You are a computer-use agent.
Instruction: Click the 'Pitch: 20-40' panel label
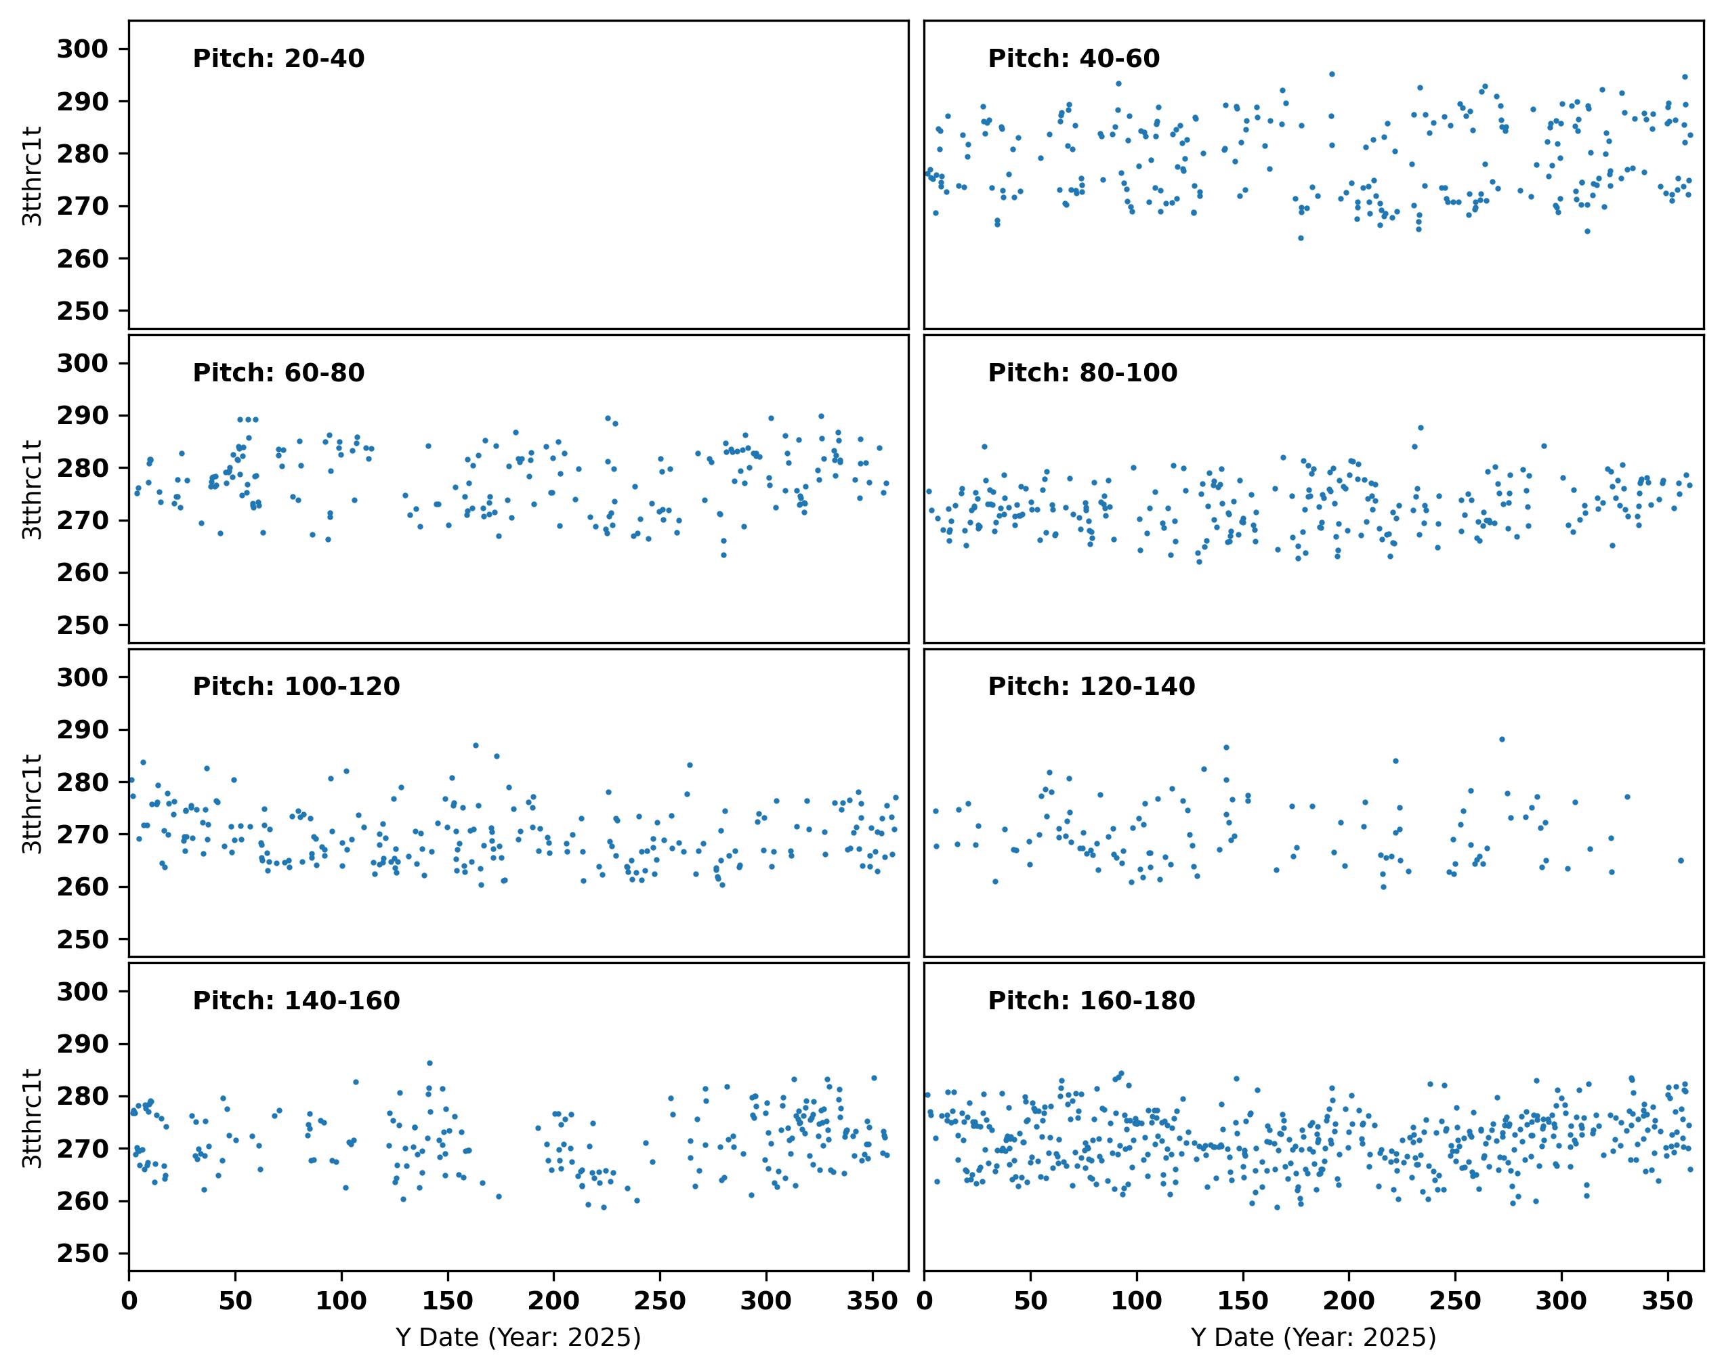pyautogui.click(x=278, y=58)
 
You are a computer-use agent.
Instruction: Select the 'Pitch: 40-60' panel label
pyautogui.click(x=1073, y=58)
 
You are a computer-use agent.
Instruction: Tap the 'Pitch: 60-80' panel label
pyautogui.click(x=278, y=373)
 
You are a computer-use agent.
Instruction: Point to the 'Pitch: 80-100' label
pyautogui.click(x=1082, y=373)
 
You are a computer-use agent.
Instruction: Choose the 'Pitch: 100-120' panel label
pyautogui.click(x=296, y=686)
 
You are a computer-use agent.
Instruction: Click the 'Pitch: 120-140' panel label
pyautogui.click(x=1091, y=686)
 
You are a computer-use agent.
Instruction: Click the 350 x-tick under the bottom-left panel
pyautogui.click(x=872, y=1301)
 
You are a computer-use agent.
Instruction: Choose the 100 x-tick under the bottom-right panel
pyautogui.click(x=1136, y=1301)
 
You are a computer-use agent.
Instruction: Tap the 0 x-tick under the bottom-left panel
pyautogui.click(x=129, y=1301)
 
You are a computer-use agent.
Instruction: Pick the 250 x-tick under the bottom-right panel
pyautogui.click(x=1454, y=1301)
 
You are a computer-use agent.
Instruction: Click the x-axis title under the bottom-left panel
pyautogui.click(x=518, y=1337)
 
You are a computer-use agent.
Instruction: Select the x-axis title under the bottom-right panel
pyautogui.click(x=1313, y=1337)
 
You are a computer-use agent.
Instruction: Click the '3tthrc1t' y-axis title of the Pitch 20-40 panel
pyautogui.click(x=32, y=176)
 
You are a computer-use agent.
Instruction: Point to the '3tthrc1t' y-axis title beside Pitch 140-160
pyautogui.click(x=32, y=1118)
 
